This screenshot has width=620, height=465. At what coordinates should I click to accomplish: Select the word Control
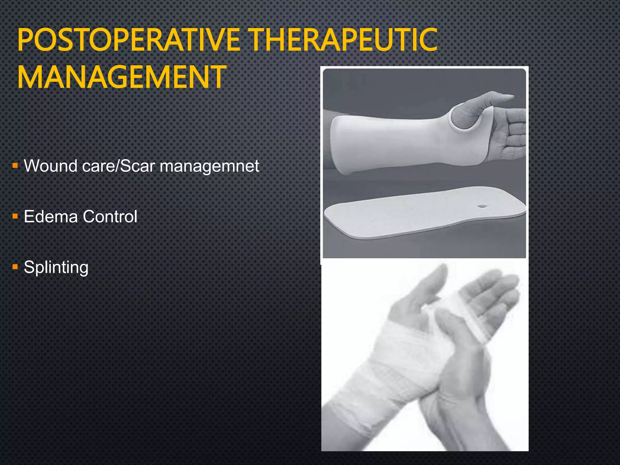pos(110,216)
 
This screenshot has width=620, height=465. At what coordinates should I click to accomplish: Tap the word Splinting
pos(56,268)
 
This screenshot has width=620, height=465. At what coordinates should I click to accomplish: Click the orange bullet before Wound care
pos(15,166)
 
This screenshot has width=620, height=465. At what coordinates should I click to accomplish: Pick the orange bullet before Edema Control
pos(15,216)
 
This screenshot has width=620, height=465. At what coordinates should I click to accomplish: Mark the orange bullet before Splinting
pos(15,267)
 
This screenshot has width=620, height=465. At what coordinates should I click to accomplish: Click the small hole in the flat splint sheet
pos(482,206)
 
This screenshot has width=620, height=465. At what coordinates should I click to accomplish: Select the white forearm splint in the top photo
pos(394,142)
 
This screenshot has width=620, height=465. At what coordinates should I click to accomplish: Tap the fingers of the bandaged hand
pos(496,291)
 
